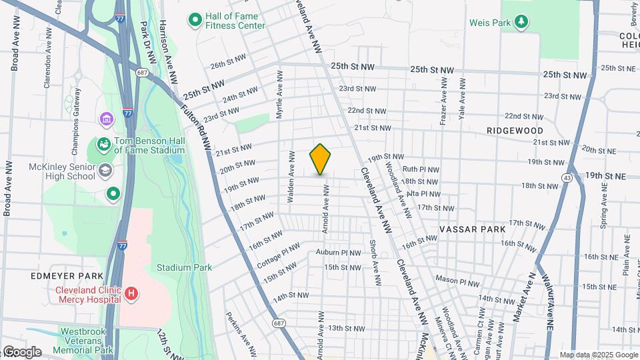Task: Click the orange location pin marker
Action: tap(320, 159)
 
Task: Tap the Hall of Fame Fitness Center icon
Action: tap(195, 20)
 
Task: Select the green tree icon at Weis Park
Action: tap(522, 23)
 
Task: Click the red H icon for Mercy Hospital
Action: tap(132, 293)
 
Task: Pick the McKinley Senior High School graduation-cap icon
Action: tap(105, 171)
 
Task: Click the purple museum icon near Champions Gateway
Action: tap(107, 119)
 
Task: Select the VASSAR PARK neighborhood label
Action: tap(472, 229)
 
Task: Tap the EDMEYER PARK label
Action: tap(67, 276)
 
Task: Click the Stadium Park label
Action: tap(184, 267)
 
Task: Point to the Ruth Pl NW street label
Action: tap(421, 170)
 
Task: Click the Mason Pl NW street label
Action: tap(457, 281)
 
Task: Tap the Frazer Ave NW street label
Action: tap(443, 101)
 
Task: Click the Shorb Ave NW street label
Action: tap(374, 254)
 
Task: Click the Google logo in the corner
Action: tap(22, 351)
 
